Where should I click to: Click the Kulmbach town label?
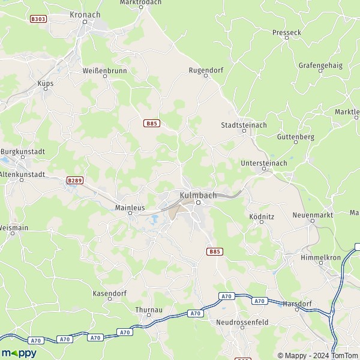[197, 195]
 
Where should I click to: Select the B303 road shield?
[38, 19]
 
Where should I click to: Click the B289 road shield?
[74, 180]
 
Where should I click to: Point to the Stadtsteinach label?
[244, 125]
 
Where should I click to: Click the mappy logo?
[19, 353]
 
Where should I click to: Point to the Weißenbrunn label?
[103, 71]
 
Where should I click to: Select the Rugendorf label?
[206, 70]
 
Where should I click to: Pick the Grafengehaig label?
[320, 65]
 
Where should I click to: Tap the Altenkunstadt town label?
[23, 174]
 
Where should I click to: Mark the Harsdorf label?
[298, 304]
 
